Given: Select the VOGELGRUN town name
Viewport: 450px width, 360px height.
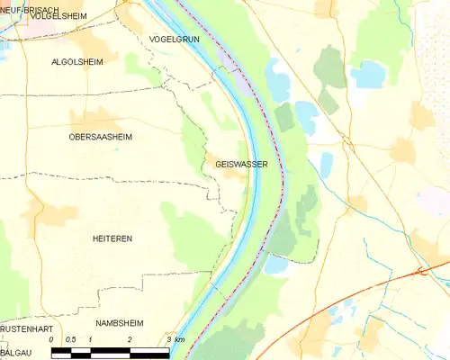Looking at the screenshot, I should (175, 40).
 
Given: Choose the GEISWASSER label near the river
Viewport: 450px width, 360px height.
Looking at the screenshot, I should (241, 164).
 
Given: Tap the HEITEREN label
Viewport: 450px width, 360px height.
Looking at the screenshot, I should (112, 238).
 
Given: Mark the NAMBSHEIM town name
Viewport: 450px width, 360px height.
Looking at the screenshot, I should (122, 321).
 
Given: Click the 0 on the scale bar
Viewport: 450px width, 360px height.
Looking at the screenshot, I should (52, 339).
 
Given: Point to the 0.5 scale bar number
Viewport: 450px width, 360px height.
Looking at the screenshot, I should (71, 339).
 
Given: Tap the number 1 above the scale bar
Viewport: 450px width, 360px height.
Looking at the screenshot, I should (91, 339).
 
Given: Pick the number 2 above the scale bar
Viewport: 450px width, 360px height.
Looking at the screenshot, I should (130, 339).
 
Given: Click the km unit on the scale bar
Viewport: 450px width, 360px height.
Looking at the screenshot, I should (180, 339).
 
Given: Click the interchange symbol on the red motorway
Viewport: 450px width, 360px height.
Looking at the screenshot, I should (420, 270).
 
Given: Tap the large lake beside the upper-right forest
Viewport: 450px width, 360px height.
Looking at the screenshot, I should (367, 74).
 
